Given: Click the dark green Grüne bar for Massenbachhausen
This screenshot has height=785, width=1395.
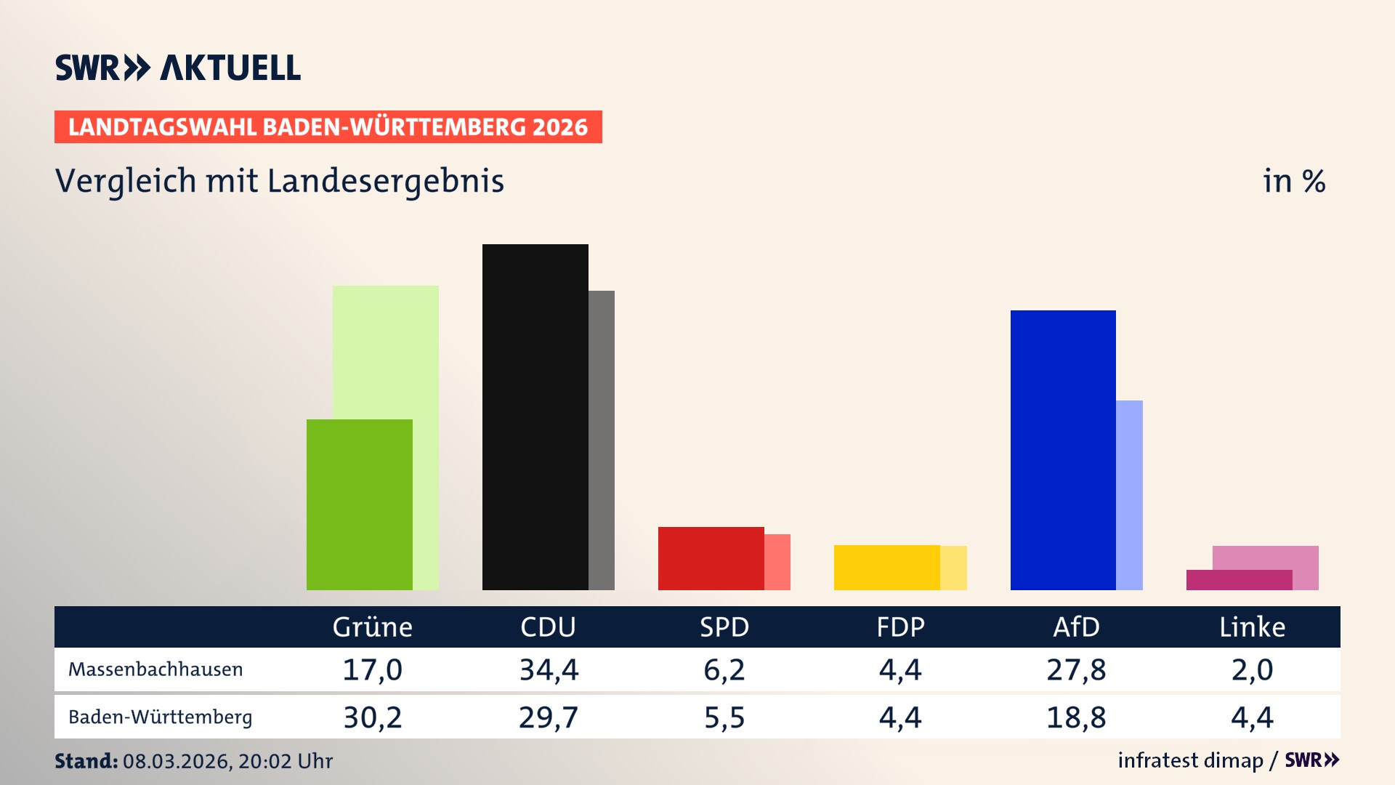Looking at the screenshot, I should (359, 504).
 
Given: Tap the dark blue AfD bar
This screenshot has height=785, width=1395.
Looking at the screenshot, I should (1062, 450).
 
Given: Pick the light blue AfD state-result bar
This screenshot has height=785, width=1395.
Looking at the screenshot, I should (1129, 495).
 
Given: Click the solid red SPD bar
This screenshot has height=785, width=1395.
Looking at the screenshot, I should (711, 558).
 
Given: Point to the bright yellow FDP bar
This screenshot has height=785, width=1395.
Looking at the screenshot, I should (886, 567).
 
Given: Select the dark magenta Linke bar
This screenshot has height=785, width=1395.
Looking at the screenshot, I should (1239, 580).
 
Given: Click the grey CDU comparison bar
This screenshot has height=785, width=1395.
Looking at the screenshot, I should (602, 440).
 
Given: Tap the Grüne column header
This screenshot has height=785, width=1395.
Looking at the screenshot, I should (372, 627).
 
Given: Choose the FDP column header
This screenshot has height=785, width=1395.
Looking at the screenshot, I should (900, 627).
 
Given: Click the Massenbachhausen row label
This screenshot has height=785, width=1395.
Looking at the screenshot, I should (155, 669).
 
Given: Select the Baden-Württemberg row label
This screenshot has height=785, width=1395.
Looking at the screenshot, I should (160, 717).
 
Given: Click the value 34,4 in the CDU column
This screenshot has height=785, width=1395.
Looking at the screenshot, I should (549, 669).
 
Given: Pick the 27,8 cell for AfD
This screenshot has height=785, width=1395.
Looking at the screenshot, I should (1076, 669).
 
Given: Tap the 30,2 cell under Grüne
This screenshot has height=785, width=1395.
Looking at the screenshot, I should (372, 717).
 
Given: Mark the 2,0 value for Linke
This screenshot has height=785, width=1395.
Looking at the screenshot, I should (1252, 669).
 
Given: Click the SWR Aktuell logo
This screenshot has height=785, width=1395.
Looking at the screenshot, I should (178, 68).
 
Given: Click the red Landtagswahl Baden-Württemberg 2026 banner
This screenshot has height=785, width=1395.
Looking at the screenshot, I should (328, 126).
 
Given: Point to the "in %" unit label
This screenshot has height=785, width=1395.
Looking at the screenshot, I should (1293, 181).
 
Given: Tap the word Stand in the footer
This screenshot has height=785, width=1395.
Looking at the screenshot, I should (86, 761).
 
